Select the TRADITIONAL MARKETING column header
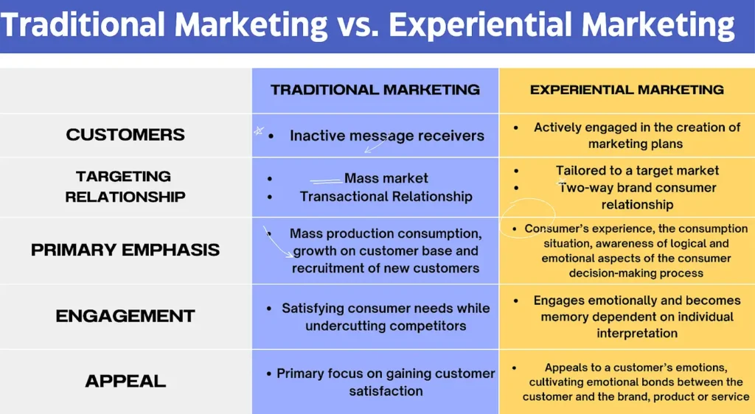click(x=375, y=90)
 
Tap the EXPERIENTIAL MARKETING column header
click(x=627, y=90)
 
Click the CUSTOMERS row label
click(x=125, y=135)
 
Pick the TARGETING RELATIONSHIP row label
click(x=125, y=186)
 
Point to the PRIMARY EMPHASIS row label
click(x=125, y=250)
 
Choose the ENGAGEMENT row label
click(x=125, y=316)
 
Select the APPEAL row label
click(x=125, y=381)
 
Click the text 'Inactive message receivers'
click(x=387, y=136)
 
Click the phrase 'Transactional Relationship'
click(x=386, y=197)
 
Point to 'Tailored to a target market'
click(x=637, y=170)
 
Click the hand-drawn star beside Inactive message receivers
click(x=259, y=130)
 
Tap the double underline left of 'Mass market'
click(x=324, y=180)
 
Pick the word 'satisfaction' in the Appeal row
click(x=386, y=391)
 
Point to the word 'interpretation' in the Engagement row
click(x=637, y=333)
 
